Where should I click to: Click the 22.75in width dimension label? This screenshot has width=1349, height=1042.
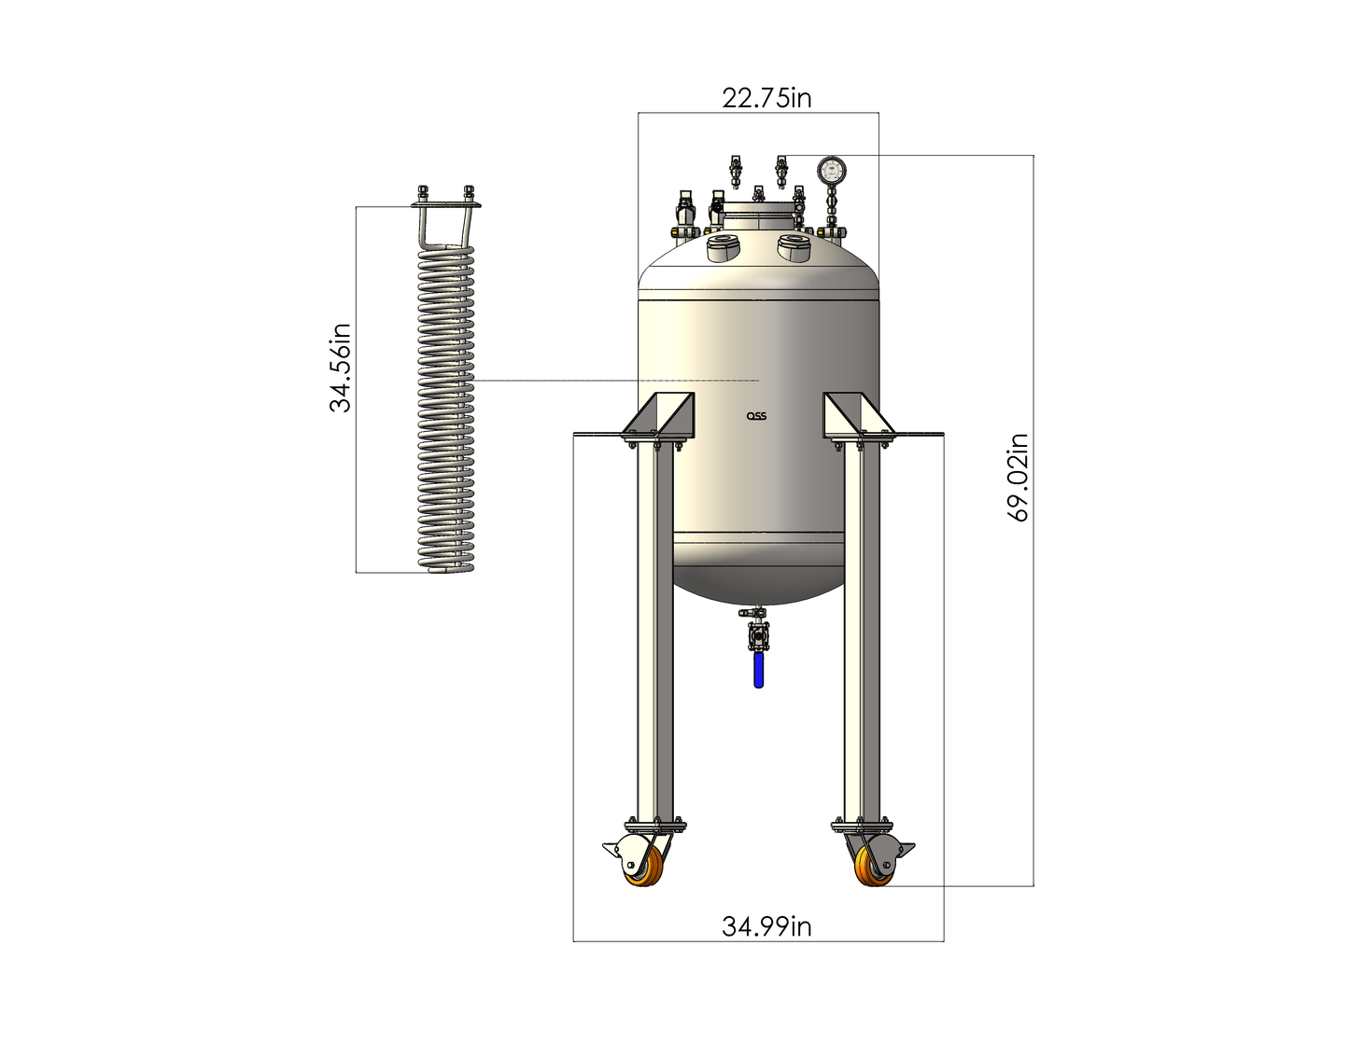coord(766,98)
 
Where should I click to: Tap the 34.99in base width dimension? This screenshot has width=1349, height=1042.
coord(766,926)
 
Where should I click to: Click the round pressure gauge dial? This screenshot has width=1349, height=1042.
coord(829,170)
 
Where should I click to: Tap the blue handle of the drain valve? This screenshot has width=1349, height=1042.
coord(758,670)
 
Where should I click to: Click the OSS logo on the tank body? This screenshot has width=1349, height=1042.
coord(756,417)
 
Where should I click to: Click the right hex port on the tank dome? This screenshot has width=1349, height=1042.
coord(794,245)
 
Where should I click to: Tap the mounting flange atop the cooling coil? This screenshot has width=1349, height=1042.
coord(444,203)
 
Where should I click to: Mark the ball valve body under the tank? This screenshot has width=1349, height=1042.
coord(757,639)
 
